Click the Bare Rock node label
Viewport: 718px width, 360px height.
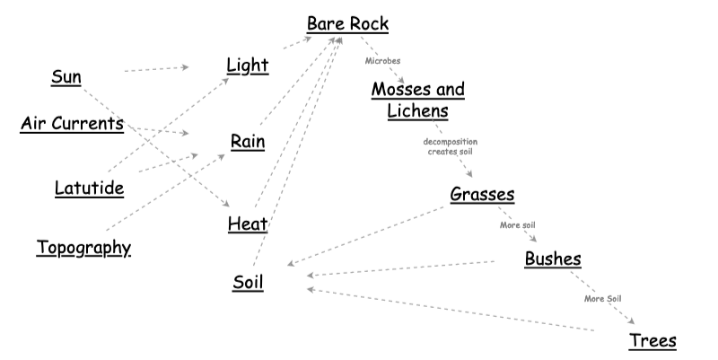(x=347, y=24)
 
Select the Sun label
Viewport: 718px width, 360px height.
(x=66, y=77)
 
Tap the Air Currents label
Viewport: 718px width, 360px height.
(x=72, y=124)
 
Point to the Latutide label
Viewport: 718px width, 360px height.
(x=89, y=189)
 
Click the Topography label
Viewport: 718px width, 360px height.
(x=83, y=247)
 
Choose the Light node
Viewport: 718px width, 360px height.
(x=248, y=65)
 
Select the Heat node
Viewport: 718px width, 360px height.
(x=248, y=223)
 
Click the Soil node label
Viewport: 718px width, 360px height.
(x=248, y=282)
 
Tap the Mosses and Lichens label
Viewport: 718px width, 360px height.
(x=417, y=100)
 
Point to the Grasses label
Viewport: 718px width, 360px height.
(x=483, y=194)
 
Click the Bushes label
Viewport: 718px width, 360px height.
(x=553, y=259)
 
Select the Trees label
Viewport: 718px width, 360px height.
(x=652, y=340)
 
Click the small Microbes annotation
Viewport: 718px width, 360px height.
(x=382, y=60)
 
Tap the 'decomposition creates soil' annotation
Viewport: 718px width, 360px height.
(x=451, y=146)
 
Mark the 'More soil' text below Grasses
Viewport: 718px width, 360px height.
(x=518, y=224)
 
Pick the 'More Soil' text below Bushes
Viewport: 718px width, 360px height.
(x=602, y=298)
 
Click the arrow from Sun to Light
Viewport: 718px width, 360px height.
(x=155, y=68)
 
